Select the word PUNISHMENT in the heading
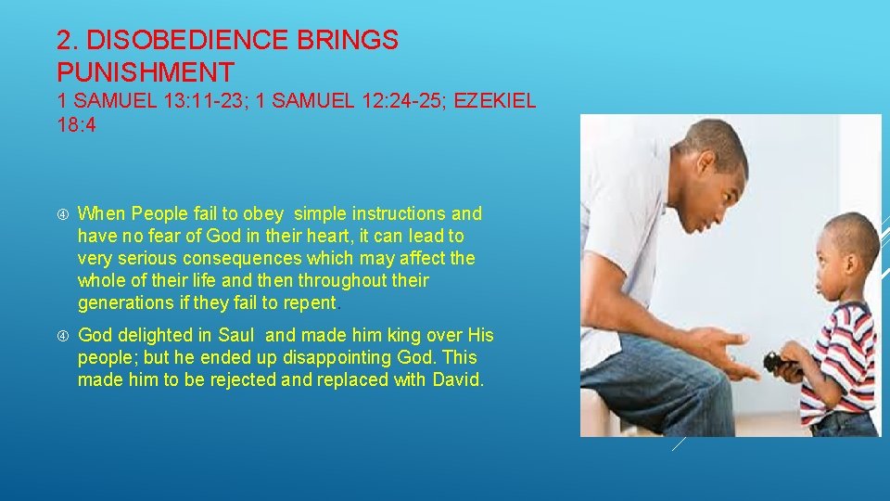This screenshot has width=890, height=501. (146, 71)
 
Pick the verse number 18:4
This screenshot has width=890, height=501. (76, 124)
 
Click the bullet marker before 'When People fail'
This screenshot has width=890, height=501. (62, 214)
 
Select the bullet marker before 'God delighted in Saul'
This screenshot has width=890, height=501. (62, 335)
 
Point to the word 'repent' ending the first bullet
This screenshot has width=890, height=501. (310, 303)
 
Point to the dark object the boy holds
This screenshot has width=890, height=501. (778, 362)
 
